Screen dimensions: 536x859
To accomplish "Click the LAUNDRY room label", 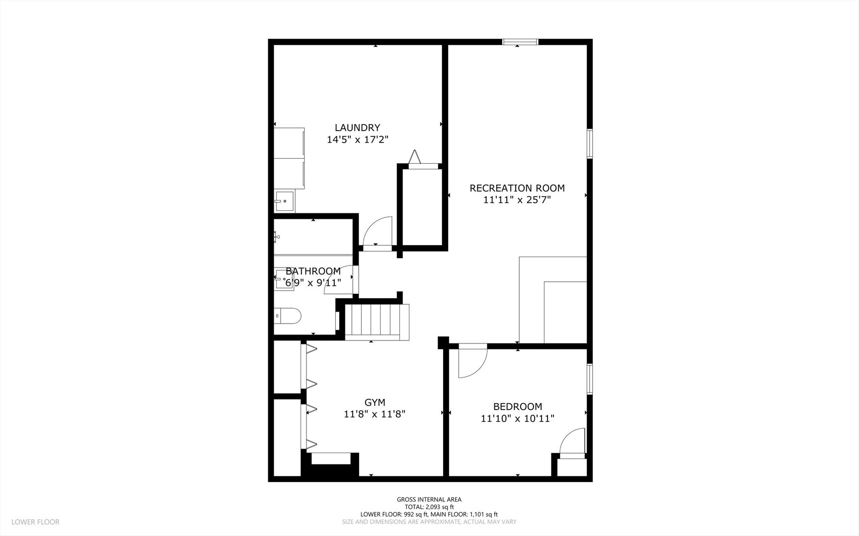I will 357,128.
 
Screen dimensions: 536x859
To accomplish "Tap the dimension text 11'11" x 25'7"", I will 517,200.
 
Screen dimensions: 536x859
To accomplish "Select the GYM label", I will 375,402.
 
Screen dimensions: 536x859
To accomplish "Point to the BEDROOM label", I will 517,406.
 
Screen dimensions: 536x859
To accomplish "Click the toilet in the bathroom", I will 288,316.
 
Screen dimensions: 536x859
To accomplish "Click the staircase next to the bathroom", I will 377,322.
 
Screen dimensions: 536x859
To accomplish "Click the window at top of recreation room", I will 520,42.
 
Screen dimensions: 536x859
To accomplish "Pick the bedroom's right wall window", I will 590,379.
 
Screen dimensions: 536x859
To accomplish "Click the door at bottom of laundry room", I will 377,232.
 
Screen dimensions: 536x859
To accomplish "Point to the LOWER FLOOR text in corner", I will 35,522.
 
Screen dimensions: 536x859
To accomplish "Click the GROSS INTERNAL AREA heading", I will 429,499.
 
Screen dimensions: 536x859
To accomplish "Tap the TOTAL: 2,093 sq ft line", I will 429,507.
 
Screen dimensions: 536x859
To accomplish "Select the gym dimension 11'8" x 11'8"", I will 375,414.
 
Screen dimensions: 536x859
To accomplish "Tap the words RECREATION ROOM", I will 517,188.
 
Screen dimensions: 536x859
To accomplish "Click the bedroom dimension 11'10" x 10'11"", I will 517,418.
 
